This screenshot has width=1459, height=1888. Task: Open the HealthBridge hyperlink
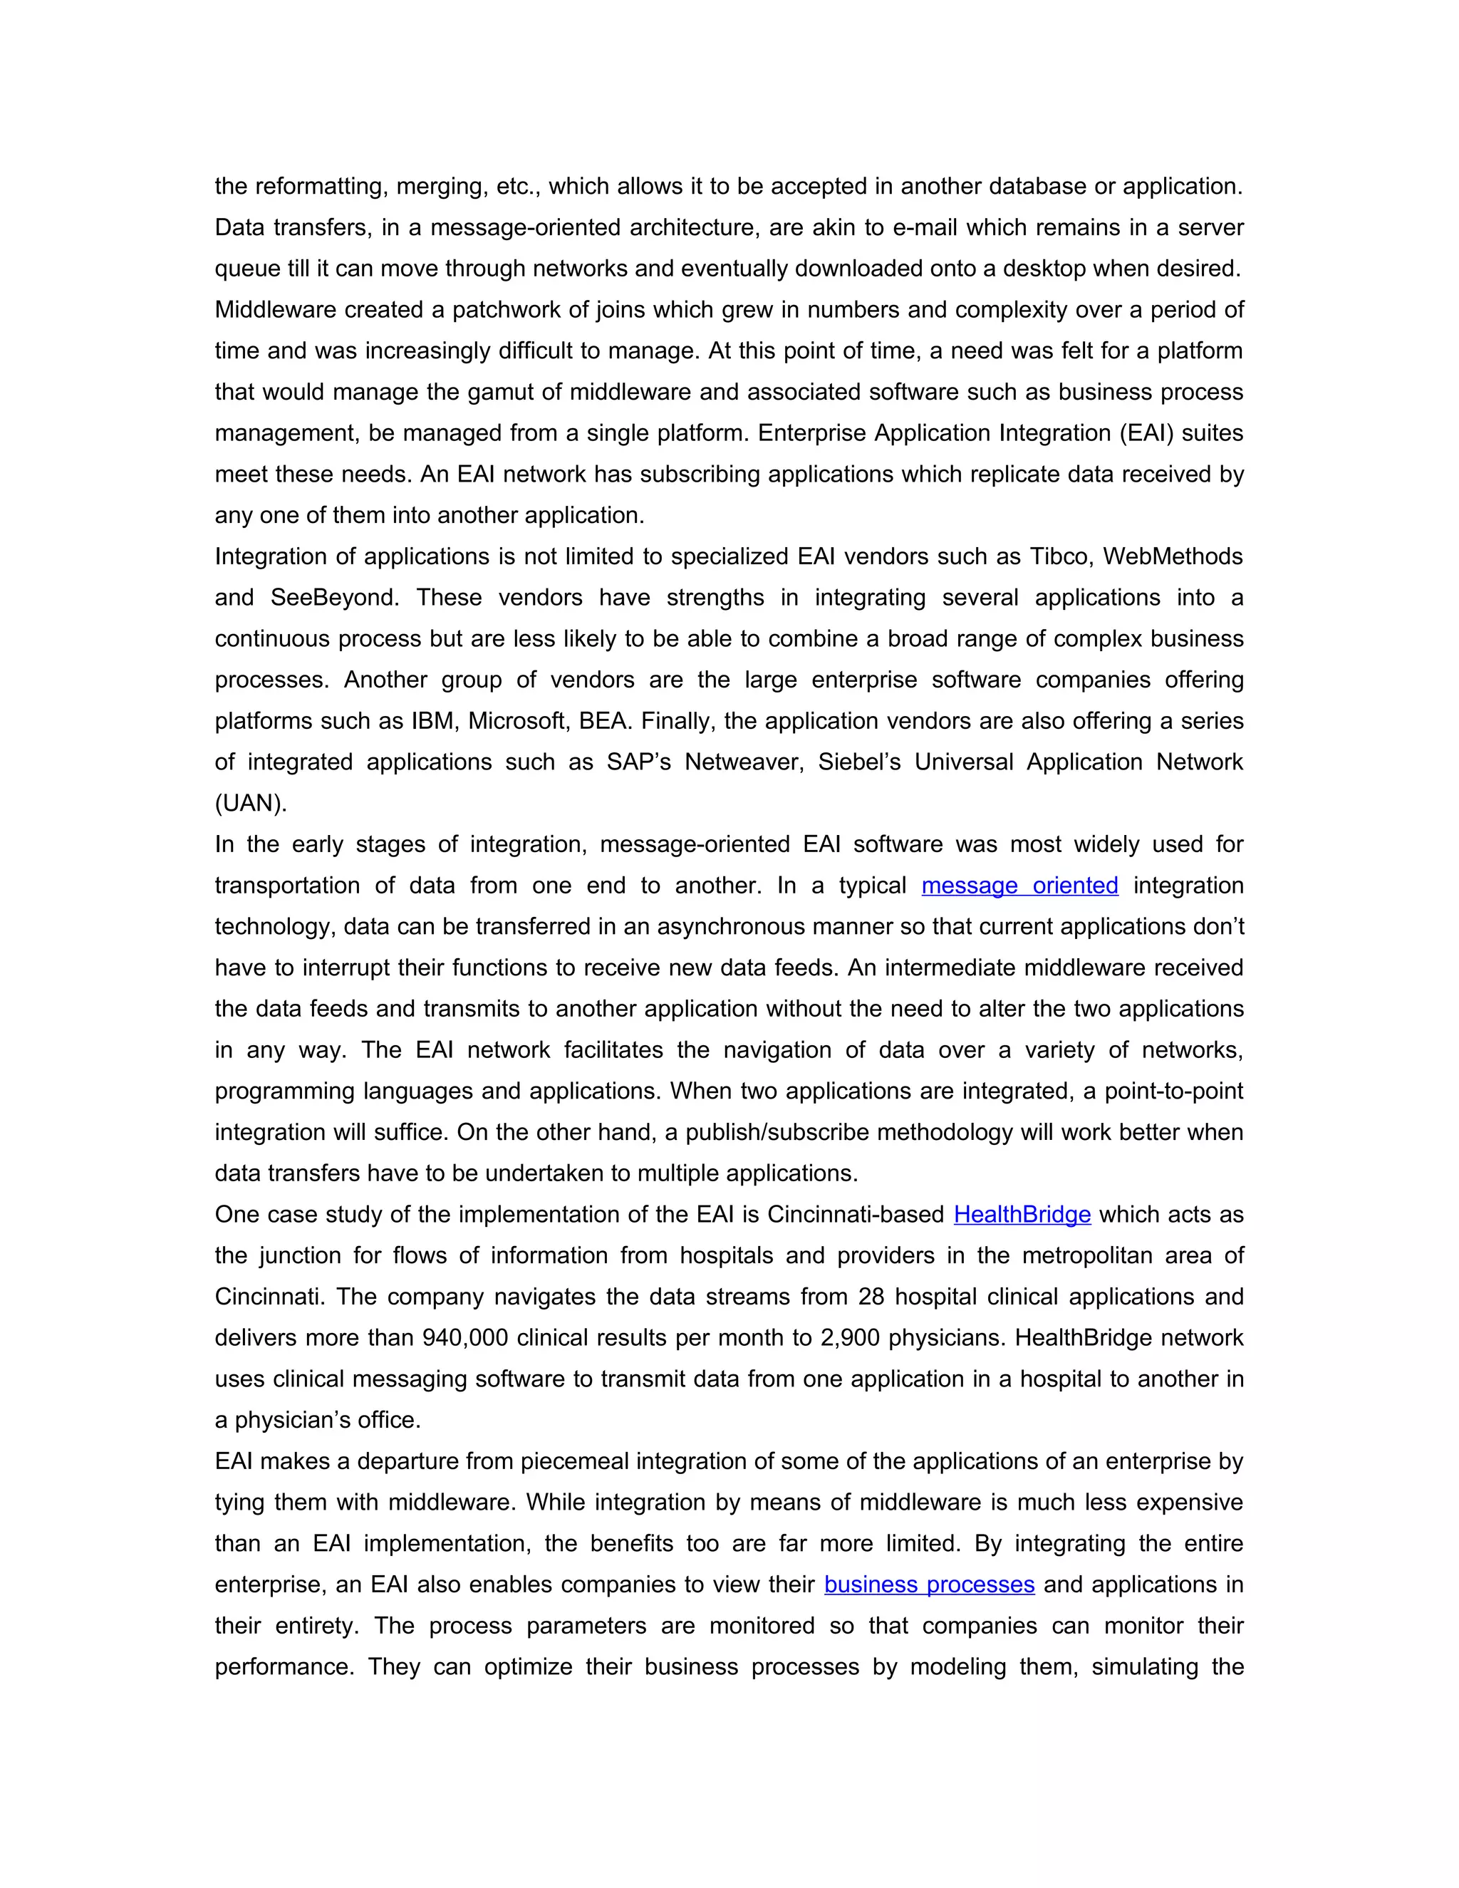pos(1022,1215)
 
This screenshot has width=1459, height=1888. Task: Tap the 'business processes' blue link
pos(929,1584)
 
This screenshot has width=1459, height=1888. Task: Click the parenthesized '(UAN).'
pos(251,803)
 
